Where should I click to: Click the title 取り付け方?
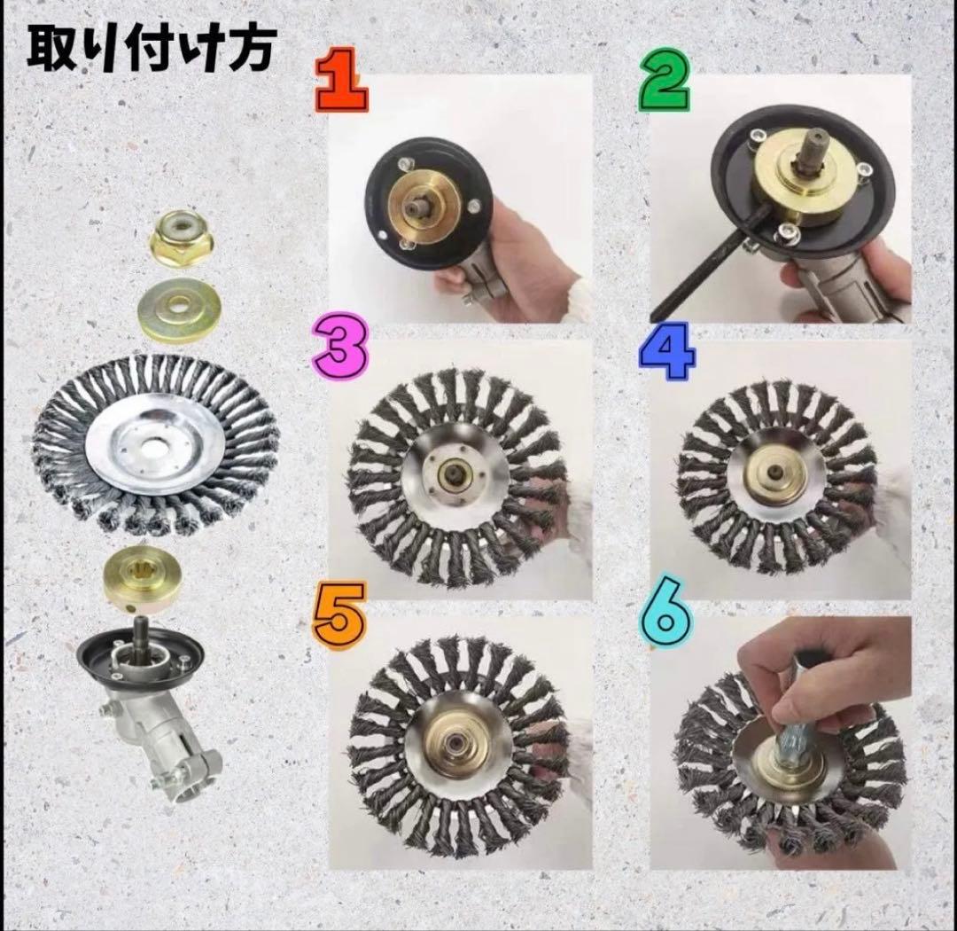click(x=151, y=50)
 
